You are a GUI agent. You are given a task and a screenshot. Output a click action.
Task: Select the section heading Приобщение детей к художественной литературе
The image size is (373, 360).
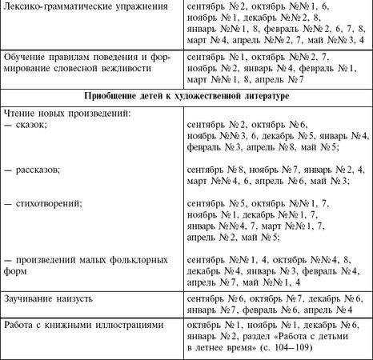click(x=186, y=96)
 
